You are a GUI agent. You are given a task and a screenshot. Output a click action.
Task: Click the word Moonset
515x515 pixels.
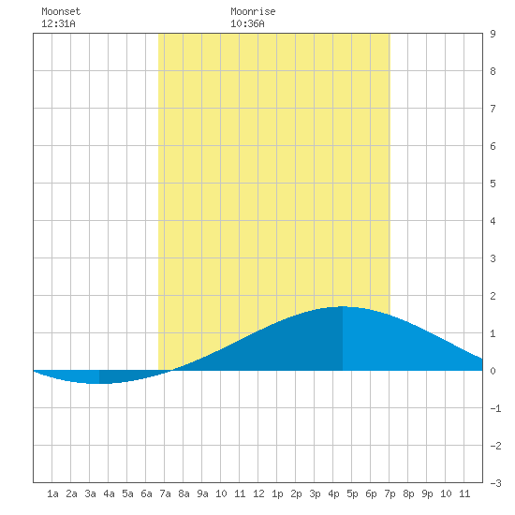[61, 11]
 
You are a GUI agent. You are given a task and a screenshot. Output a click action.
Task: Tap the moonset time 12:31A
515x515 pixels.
[58, 23]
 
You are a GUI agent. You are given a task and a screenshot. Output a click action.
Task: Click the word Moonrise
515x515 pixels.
[253, 11]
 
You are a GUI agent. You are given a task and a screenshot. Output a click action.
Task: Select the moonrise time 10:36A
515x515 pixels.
[247, 23]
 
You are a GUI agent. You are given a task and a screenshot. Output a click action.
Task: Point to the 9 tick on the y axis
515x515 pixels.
[493, 34]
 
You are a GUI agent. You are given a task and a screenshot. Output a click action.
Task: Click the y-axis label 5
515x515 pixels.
[493, 184]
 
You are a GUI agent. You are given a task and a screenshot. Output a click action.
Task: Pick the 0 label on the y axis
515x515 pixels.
[493, 371]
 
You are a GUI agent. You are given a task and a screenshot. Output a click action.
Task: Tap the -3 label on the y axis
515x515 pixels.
[495, 483]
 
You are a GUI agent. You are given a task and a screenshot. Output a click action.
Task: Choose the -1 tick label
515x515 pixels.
[495, 408]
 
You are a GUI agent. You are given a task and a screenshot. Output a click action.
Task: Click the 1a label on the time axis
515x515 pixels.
[52, 493]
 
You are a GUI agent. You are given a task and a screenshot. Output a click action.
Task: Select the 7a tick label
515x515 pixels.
[165, 493]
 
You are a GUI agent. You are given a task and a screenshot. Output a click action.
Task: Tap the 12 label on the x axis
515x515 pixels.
[258, 493]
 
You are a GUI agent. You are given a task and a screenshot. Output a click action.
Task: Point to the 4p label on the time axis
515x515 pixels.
[333, 493]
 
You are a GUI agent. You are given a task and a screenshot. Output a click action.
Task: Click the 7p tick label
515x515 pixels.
[390, 493]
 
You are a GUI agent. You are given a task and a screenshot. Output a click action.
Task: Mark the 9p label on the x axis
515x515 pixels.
[427, 493]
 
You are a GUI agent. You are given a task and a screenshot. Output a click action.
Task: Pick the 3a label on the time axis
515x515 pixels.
[90, 493]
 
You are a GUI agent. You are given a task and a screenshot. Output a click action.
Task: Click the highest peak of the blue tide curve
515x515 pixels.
[343, 307]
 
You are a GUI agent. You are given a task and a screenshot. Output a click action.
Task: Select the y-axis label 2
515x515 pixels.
[493, 296]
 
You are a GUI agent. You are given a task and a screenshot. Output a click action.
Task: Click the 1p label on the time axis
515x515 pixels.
[277, 493]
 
